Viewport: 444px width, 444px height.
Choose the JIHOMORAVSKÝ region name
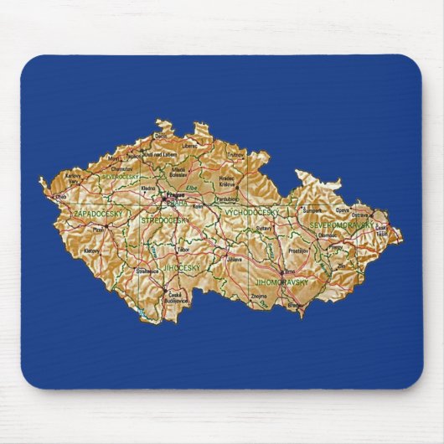click(x=281, y=283)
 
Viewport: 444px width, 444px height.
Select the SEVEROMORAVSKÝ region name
click(x=340, y=225)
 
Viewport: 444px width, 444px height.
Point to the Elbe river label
click(x=192, y=189)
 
